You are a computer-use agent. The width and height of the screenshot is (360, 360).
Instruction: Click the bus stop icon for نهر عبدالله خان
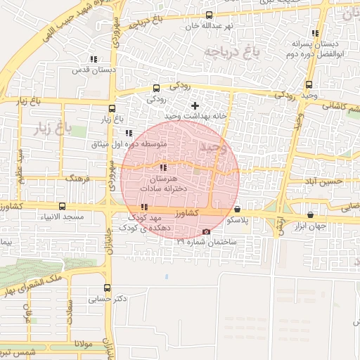(x=209, y=15)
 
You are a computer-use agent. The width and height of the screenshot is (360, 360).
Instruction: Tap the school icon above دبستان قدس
(x=93, y=59)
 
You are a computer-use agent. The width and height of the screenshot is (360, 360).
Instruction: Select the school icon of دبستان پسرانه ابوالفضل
(x=314, y=33)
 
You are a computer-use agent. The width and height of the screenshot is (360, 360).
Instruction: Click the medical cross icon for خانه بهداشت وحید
(x=195, y=105)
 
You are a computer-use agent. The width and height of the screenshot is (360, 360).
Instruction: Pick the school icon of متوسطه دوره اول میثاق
(x=128, y=133)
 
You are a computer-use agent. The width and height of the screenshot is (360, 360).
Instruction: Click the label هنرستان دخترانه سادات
(x=162, y=184)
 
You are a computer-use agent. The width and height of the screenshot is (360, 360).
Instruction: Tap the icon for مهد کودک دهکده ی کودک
(x=144, y=207)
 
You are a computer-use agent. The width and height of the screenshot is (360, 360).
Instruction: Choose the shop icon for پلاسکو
(x=237, y=209)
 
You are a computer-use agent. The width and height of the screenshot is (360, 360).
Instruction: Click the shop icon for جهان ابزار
(x=311, y=214)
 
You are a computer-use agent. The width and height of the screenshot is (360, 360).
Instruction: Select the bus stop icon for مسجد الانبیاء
(x=63, y=207)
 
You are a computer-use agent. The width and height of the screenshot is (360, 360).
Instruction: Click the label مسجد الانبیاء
(x=63, y=219)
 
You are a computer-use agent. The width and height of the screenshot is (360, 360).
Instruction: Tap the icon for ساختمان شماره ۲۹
(x=206, y=232)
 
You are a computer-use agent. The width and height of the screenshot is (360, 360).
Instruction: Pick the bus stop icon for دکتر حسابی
(x=107, y=287)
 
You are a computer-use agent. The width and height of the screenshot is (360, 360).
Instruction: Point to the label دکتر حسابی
(x=108, y=298)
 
